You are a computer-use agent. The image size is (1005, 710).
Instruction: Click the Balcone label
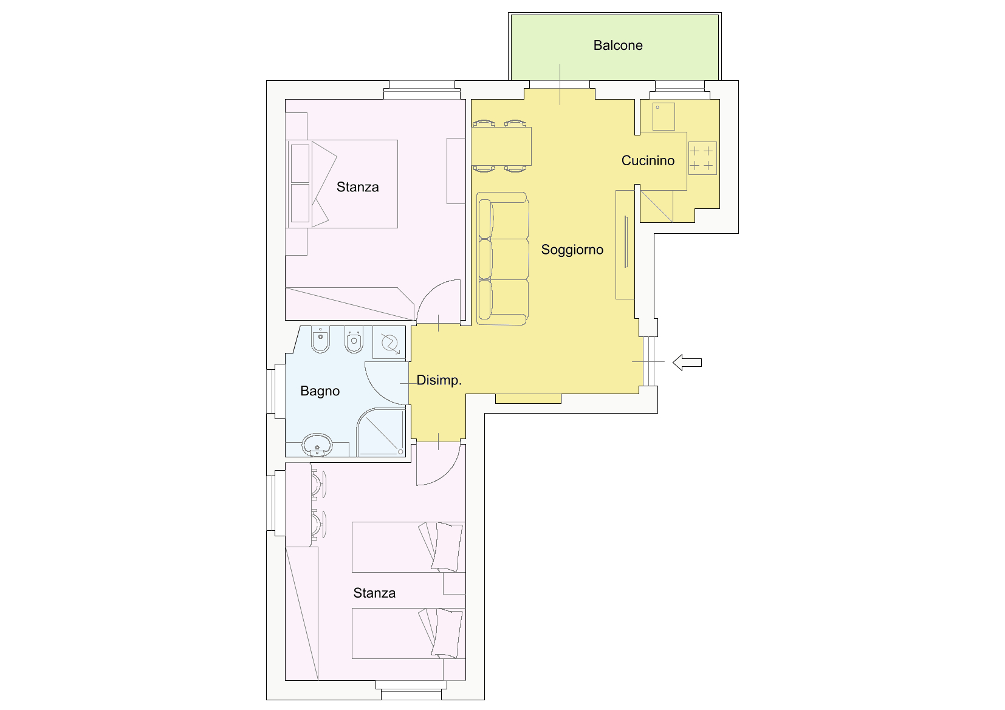[618, 46]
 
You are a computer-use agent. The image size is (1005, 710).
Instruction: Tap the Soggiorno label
[572, 250]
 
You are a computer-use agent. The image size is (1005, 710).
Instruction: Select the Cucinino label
[648, 160]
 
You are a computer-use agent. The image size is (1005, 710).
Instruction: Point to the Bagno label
[320, 391]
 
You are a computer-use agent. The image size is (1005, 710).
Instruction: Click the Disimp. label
[439, 380]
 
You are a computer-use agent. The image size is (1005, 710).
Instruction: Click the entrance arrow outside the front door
[687, 363]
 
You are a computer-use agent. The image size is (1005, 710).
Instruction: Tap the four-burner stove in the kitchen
[702, 159]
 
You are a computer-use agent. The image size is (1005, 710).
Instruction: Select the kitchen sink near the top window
[664, 117]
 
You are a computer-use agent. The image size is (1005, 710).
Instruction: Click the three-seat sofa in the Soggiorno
[502, 259]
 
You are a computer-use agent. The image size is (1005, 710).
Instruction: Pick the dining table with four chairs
[501, 146]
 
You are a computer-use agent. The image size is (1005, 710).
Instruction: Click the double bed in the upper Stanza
[342, 184]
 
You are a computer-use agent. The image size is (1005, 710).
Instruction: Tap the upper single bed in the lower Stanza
[409, 547]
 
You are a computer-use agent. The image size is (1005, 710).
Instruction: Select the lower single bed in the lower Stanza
[409, 633]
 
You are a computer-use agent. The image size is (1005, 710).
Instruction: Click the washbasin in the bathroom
[317, 445]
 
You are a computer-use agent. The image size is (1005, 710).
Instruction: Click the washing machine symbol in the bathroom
[389, 343]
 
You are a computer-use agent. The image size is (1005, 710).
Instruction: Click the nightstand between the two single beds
[454, 584]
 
